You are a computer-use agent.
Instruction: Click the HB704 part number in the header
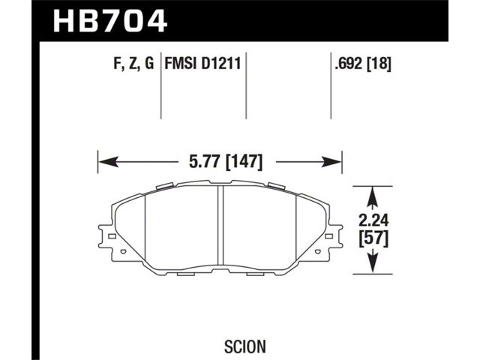point(110,21)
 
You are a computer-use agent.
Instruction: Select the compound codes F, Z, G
point(133,64)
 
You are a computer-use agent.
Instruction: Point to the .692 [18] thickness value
point(363,64)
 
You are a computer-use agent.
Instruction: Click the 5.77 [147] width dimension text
point(226,161)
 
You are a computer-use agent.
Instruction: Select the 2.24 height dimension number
point(373,220)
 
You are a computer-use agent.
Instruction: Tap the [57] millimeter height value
point(373,238)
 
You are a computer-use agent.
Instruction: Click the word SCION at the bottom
point(245,346)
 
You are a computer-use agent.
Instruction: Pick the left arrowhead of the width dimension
point(108,162)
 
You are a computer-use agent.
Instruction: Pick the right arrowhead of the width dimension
point(331,162)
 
